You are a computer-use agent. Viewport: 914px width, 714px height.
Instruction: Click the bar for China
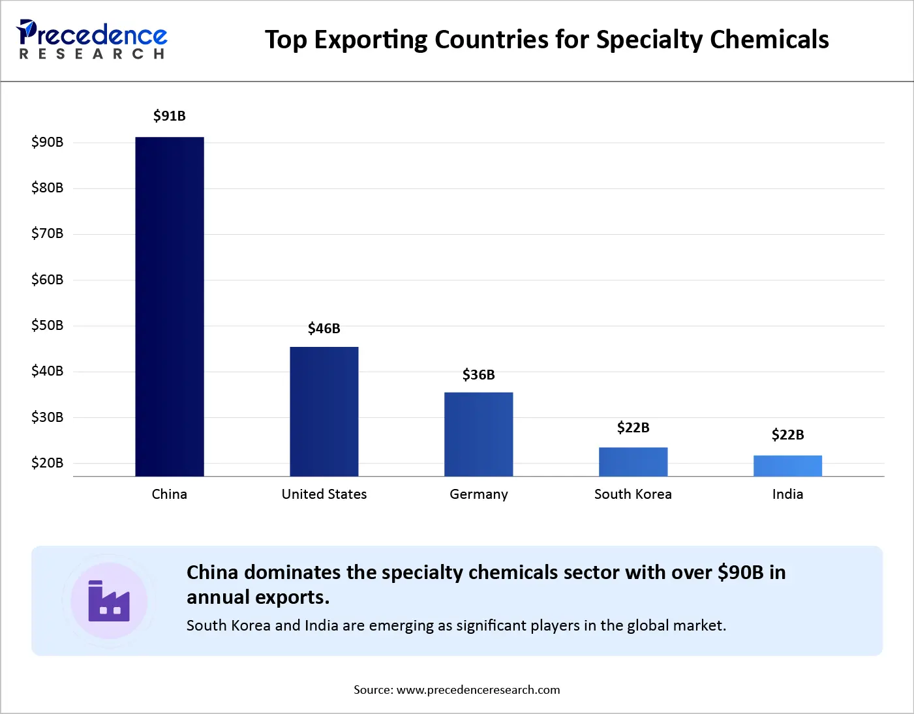pos(170,306)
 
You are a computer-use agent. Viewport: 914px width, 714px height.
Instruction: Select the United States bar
pos(324,411)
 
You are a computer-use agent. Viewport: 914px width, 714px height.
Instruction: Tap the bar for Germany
pos(479,434)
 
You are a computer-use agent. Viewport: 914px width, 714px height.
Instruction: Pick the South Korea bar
pos(633,462)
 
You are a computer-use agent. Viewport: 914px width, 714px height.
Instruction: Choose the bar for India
pos(787,466)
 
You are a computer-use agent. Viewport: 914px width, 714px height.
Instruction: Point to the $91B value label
pos(170,116)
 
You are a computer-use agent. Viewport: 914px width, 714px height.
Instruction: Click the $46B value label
pos(324,329)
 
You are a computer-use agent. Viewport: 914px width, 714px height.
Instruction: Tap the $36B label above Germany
pos(479,375)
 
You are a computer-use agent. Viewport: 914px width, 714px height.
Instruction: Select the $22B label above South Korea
pos(633,428)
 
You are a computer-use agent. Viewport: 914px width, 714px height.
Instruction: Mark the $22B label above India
pos(787,435)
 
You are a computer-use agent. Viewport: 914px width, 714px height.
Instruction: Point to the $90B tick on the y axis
pos(48,142)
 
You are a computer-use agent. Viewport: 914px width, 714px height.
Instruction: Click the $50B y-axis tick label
pos(48,325)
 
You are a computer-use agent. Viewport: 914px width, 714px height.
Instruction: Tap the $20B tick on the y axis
pos(48,463)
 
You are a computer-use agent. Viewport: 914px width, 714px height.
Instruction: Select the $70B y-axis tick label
pos(48,233)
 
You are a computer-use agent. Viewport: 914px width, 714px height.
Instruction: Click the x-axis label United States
pos(324,494)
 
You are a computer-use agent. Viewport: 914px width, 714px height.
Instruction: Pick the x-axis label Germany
pos(479,494)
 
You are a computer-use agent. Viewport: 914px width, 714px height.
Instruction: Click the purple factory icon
pos(109,601)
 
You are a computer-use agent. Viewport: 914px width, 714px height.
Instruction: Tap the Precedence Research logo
pos(92,40)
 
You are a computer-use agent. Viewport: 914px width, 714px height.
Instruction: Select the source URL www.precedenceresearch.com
pos(478,690)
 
